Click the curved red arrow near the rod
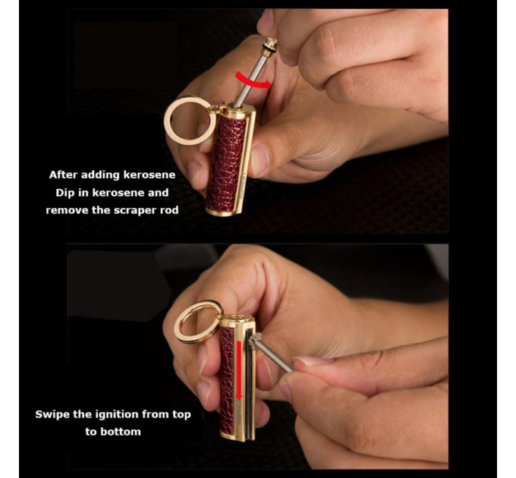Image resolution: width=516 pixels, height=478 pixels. coord(253,81)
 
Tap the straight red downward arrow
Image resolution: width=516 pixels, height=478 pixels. coord(239,370)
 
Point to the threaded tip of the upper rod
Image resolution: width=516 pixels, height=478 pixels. coord(271,44)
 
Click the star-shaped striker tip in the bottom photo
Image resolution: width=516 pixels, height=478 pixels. coord(254,341)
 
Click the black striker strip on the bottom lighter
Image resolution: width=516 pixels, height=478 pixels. coord(249,385)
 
